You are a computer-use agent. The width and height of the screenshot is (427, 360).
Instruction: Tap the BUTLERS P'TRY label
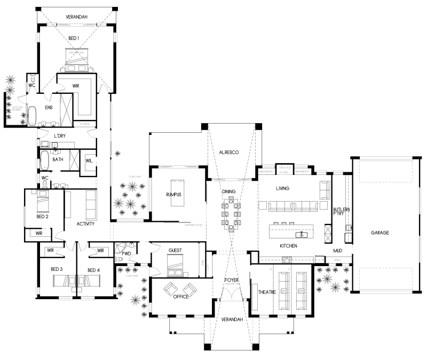tap(341, 212)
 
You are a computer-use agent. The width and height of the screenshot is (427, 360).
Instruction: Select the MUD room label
tap(337, 250)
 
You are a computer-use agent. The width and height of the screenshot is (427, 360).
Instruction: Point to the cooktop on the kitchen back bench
tap(287, 259)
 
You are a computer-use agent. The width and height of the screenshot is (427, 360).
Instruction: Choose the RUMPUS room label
tap(173, 195)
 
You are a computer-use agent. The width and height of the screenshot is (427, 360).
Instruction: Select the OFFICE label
tap(180, 297)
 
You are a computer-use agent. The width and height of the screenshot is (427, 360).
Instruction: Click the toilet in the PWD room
tap(119, 258)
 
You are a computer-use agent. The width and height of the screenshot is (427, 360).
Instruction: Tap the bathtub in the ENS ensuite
tap(31, 115)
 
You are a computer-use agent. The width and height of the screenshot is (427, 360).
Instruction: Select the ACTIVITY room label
tap(85, 224)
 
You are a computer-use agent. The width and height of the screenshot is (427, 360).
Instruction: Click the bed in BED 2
tap(41, 202)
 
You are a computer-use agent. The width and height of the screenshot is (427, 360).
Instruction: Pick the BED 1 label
tap(74, 38)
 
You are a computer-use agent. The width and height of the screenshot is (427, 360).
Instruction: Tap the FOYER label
tap(231, 279)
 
